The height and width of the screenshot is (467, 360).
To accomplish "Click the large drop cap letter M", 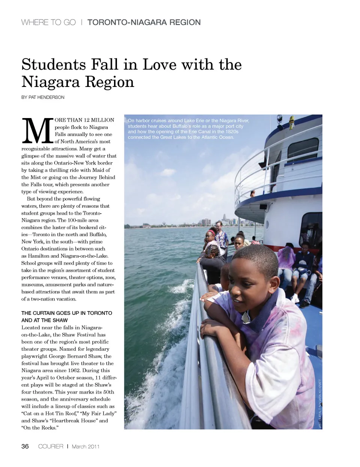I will pos(37,131).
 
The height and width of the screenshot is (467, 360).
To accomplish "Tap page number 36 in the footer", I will pos(25,446).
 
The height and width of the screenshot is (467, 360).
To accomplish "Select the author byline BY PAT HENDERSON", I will pos(43,97).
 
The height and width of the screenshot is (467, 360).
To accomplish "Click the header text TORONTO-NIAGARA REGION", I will pos(144,22).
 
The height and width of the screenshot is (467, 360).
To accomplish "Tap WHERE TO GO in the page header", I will pos(48,22).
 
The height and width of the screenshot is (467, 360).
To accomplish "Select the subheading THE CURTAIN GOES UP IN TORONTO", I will pos(67,313).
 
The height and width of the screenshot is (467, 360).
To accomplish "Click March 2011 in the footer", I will pos(85,446).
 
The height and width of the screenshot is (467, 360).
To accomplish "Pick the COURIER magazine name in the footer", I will pos(51,446).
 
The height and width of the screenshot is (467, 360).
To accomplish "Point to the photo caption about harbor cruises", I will pos(188,129).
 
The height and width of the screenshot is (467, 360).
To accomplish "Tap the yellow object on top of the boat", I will pos(291,121).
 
